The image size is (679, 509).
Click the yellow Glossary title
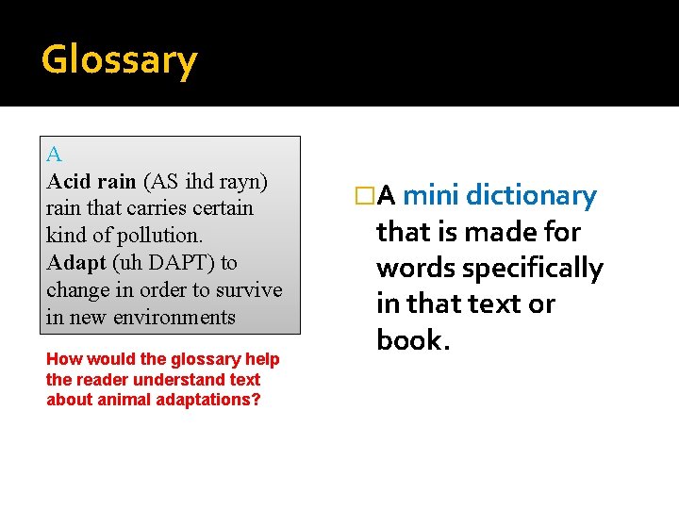(x=119, y=60)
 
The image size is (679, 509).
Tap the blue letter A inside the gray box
(x=54, y=155)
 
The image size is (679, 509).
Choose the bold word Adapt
(x=73, y=262)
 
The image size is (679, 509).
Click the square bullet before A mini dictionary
(x=363, y=196)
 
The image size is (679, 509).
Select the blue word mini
(x=431, y=196)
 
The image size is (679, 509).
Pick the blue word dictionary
(x=531, y=196)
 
